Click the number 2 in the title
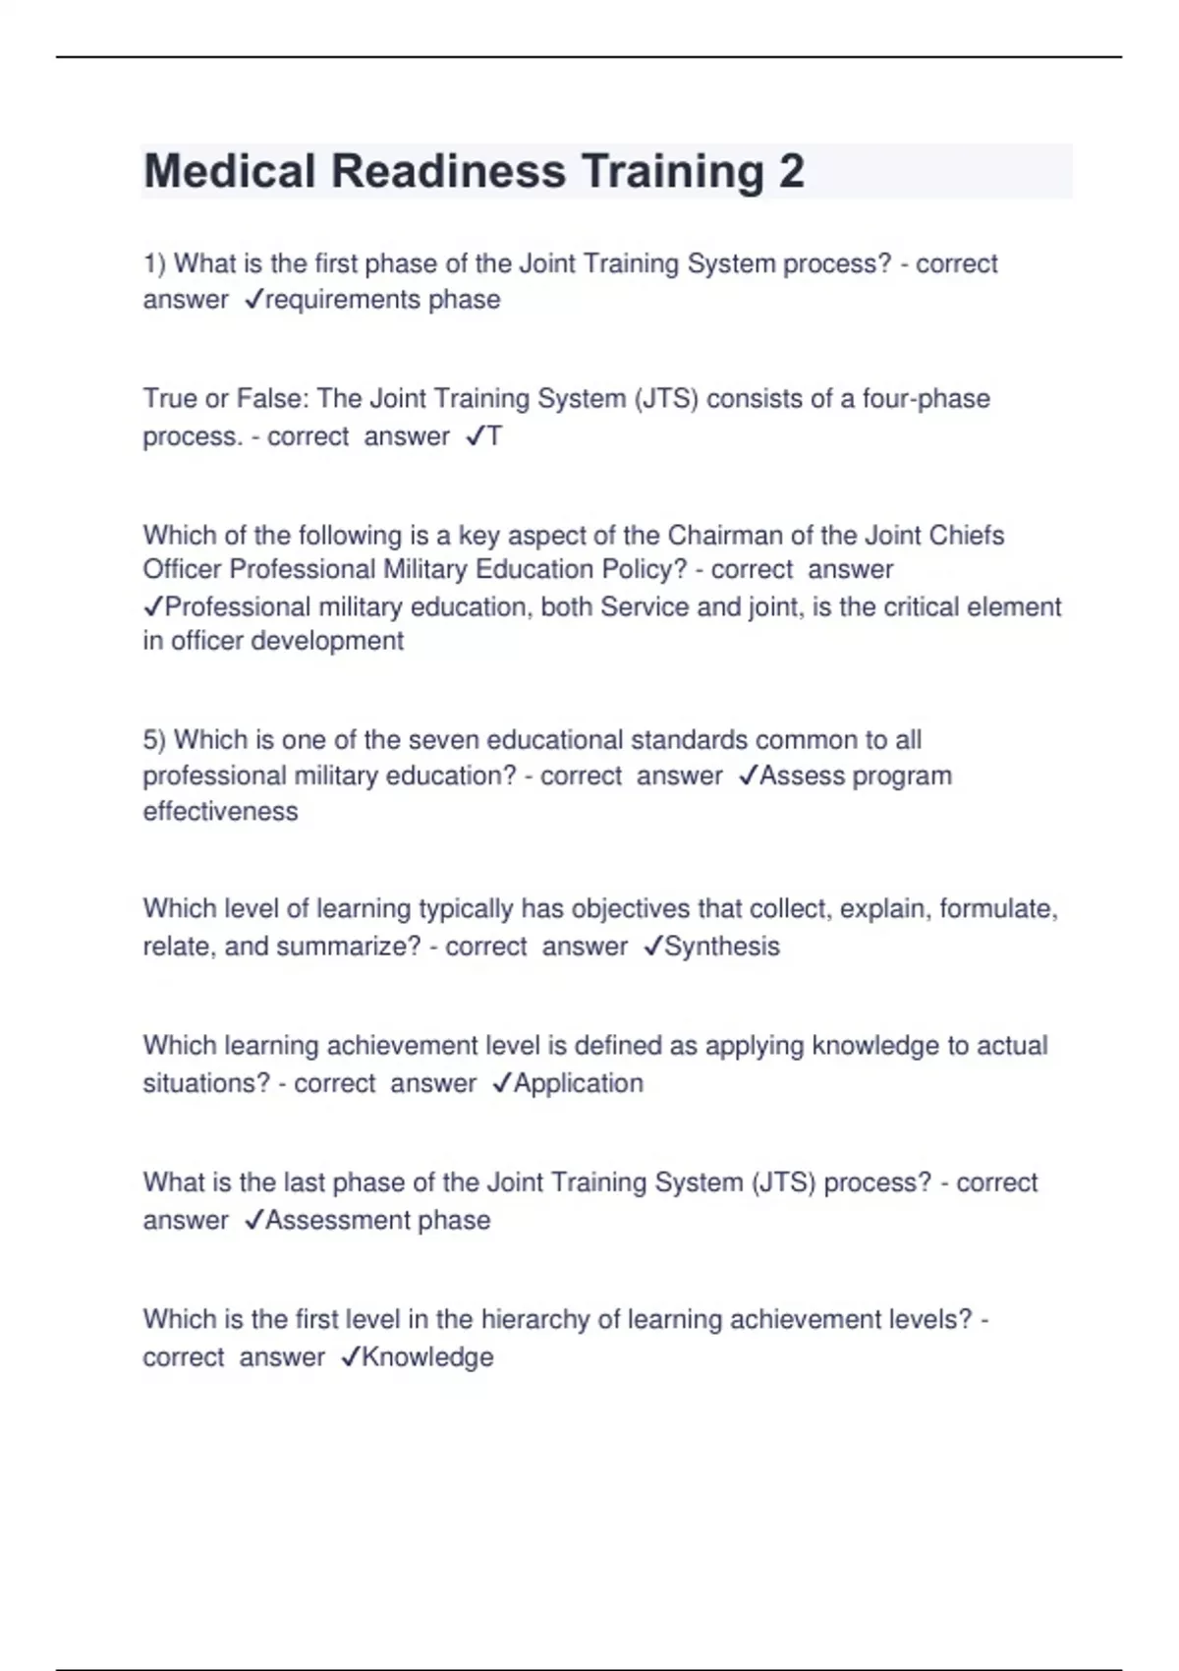(x=791, y=172)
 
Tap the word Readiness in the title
(x=448, y=172)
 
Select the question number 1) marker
(x=155, y=263)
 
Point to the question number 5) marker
(x=155, y=739)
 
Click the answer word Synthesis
(x=722, y=947)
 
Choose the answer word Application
(x=579, y=1083)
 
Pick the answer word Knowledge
(x=428, y=1357)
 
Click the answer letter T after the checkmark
(x=494, y=436)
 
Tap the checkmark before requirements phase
(x=253, y=300)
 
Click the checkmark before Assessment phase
(x=253, y=1221)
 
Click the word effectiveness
(x=220, y=812)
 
